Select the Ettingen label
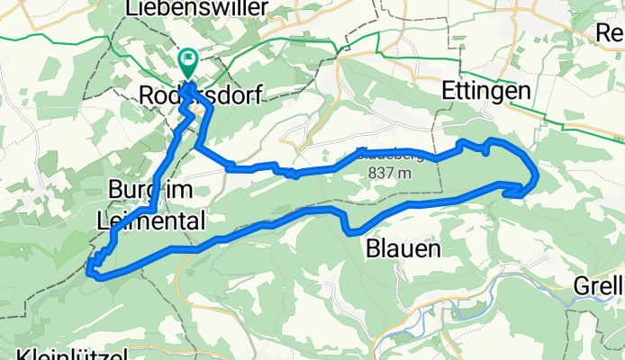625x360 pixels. click(x=478, y=93)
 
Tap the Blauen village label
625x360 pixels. click(x=403, y=247)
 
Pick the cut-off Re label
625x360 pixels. click(x=611, y=33)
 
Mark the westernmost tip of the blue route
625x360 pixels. click(x=88, y=266)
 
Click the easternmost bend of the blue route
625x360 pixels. click(x=536, y=175)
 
